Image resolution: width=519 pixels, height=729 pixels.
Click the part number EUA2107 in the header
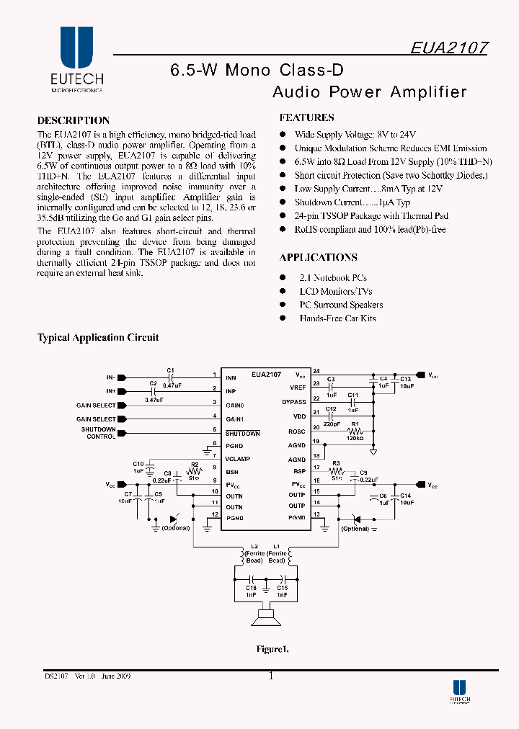[449, 48]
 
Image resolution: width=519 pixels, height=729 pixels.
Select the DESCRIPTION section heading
[74, 120]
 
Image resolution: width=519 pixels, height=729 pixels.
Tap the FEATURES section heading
[306, 117]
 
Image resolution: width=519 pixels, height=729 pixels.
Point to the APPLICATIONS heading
[318, 257]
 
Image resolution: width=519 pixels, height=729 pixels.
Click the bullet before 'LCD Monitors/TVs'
[283, 292]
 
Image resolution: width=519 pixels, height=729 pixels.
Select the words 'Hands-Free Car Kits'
[337, 318]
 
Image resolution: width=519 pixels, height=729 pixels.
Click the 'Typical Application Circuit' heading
[98, 337]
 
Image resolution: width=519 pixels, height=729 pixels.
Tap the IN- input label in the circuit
[111, 377]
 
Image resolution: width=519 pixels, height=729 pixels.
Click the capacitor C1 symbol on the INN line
[171, 376]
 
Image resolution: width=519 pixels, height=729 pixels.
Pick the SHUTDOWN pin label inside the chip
[242, 433]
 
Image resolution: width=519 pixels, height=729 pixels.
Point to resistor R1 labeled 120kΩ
[354, 431]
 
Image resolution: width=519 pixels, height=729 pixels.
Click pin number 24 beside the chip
[316, 371]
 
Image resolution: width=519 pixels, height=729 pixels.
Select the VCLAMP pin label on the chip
[238, 458]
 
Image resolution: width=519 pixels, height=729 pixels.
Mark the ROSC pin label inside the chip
[297, 431]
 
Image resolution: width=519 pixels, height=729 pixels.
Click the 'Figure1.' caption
[272, 649]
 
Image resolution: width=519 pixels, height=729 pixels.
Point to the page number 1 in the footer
[271, 676]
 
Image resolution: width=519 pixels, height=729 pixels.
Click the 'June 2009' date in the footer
[116, 676]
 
